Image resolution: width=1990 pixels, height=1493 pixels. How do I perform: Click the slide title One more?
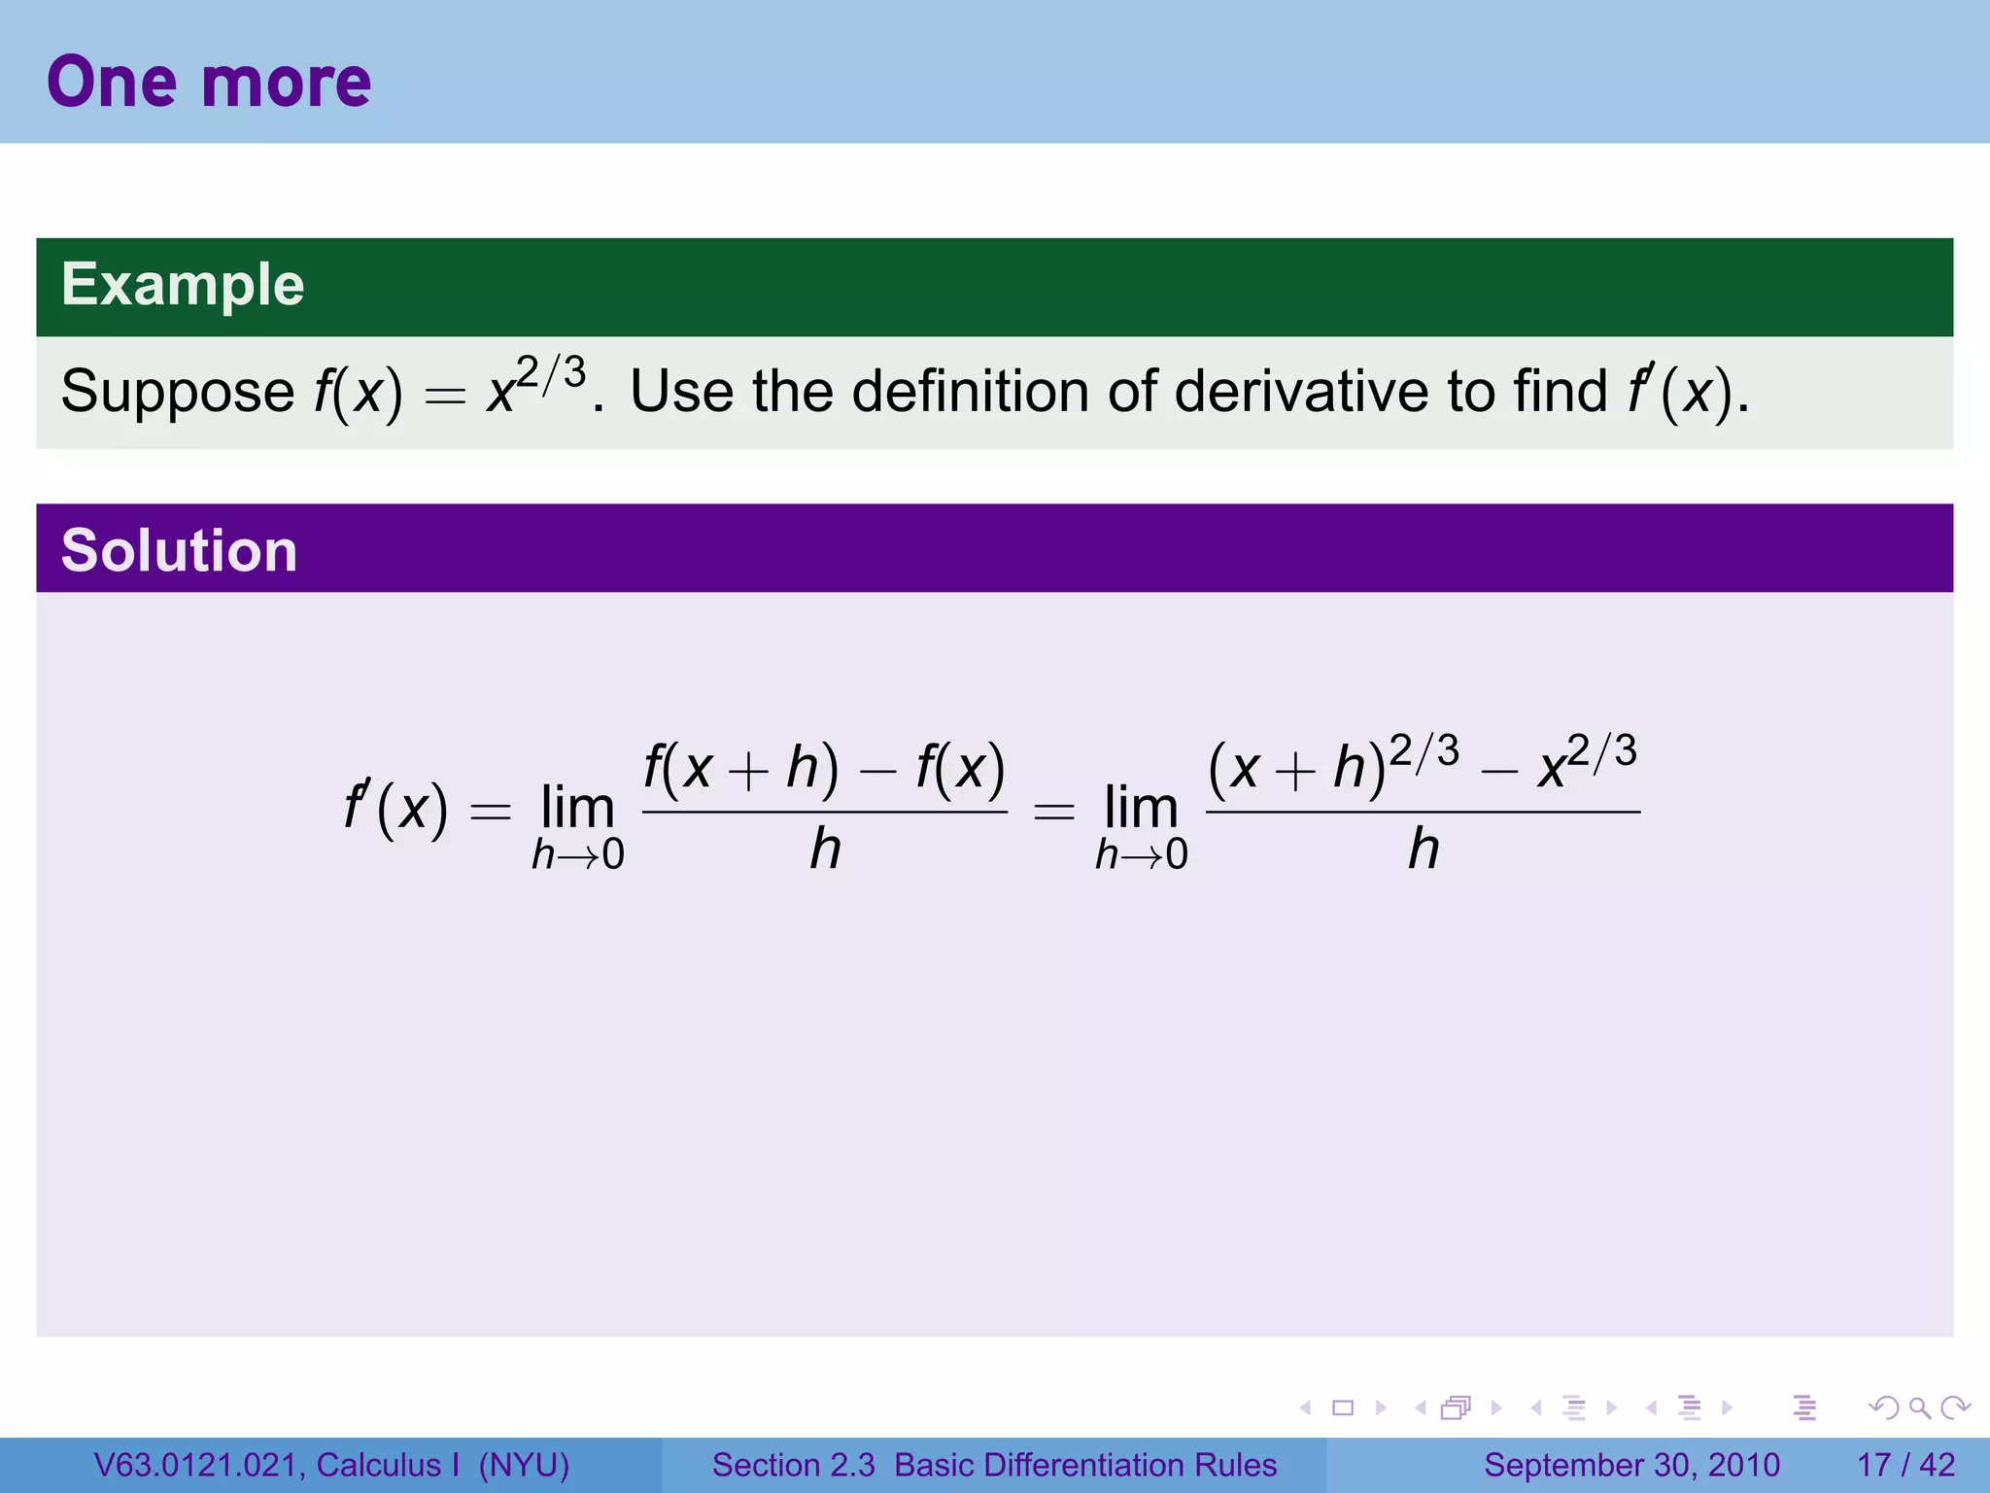click(x=208, y=82)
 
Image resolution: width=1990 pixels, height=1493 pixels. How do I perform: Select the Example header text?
click(x=183, y=285)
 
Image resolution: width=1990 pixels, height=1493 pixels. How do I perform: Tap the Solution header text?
click(x=179, y=550)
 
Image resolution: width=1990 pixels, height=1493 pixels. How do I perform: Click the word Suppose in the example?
click(x=177, y=392)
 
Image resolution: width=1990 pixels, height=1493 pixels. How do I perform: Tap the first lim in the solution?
click(x=577, y=807)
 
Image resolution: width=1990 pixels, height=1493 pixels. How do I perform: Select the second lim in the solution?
click(x=1141, y=807)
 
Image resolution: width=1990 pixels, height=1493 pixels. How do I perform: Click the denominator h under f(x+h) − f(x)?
click(x=825, y=849)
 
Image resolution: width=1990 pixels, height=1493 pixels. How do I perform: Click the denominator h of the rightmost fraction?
click(x=1424, y=849)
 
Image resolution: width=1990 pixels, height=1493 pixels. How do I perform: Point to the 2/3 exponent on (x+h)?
click(x=1424, y=751)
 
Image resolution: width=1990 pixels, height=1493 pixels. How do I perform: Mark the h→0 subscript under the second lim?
click(x=1141, y=855)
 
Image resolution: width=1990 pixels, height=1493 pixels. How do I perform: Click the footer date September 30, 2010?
click(x=1631, y=1465)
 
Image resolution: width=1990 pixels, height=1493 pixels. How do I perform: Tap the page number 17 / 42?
click(x=1905, y=1465)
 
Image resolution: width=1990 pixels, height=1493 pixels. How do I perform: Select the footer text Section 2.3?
click(x=793, y=1465)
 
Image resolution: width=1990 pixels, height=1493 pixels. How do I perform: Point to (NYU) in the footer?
click(x=524, y=1465)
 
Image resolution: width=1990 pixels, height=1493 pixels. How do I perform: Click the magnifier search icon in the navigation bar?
click(x=1919, y=1407)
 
